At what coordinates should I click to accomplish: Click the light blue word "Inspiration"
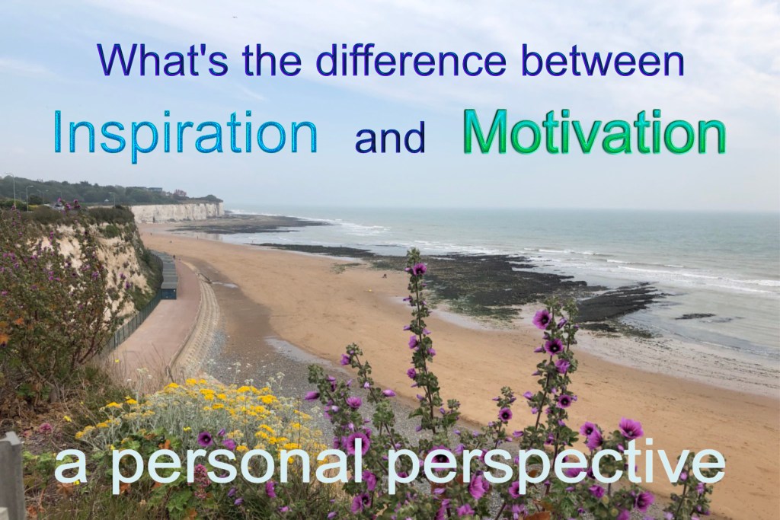185,132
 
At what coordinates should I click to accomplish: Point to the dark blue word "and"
390,137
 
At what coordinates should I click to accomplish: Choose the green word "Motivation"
594,132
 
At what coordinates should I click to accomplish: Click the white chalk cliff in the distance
177,212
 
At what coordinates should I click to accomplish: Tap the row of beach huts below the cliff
168,276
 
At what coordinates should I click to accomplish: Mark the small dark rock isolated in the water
695,316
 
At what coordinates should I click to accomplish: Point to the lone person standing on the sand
384,276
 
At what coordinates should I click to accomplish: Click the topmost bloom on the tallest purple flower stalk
420,269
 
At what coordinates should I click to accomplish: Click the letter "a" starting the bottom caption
71,468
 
